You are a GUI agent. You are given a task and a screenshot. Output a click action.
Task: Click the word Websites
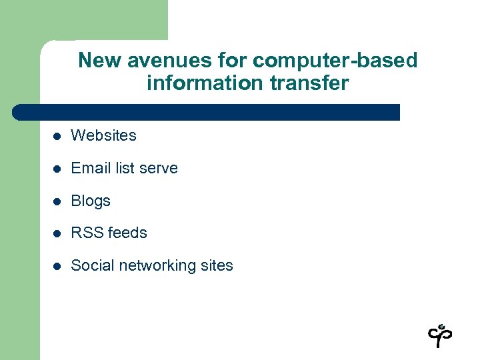[x=103, y=135]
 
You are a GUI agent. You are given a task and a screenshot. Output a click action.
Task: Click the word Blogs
[x=91, y=201]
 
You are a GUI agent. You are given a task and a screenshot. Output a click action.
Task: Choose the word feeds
[x=127, y=233]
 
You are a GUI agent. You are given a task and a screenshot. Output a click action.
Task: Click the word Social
[x=91, y=265]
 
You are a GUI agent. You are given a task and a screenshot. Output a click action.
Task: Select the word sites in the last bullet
[x=216, y=265]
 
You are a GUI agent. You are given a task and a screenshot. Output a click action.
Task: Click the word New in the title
[x=97, y=61]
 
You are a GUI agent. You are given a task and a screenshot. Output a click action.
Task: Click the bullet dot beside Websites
[x=58, y=136]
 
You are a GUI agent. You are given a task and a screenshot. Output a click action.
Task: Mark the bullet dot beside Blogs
[x=58, y=201]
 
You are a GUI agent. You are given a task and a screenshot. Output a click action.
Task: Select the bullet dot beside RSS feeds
[x=58, y=233]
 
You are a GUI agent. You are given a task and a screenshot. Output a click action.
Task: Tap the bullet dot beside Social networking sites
[x=58, y=266]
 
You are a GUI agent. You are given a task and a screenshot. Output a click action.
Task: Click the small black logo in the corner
[x=440, y=335]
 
